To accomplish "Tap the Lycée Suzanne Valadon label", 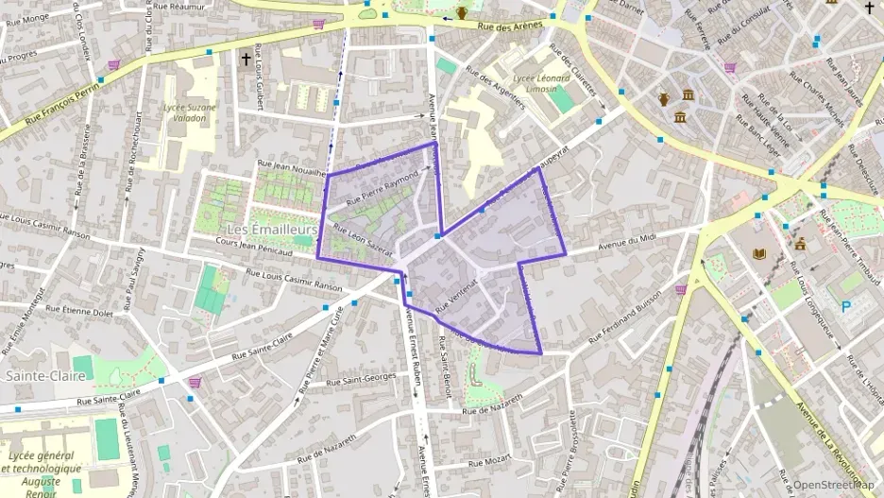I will click(x=190, y=120).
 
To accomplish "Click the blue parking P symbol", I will click(x=845, y=306).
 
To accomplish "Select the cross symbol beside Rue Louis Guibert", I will click(x=246, y=60).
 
